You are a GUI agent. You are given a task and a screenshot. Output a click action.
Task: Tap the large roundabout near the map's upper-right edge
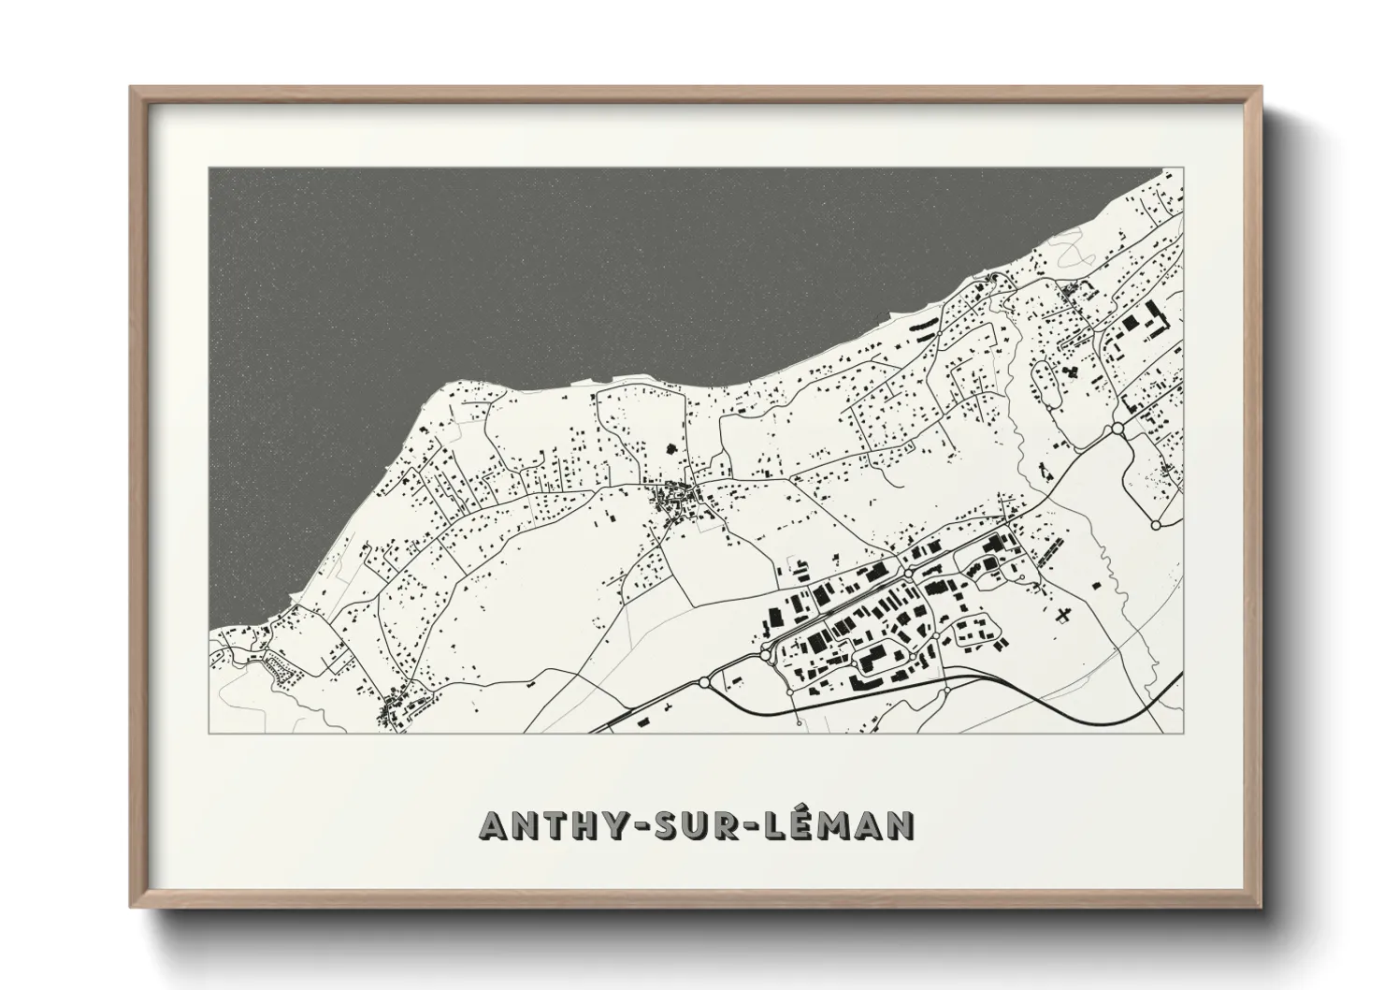point(1117,429)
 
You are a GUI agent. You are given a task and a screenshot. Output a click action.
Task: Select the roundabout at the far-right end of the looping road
point(1156,526)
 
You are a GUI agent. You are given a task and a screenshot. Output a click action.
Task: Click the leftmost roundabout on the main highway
point(703,681)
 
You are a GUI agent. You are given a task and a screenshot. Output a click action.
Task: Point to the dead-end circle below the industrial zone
point(796,723)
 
